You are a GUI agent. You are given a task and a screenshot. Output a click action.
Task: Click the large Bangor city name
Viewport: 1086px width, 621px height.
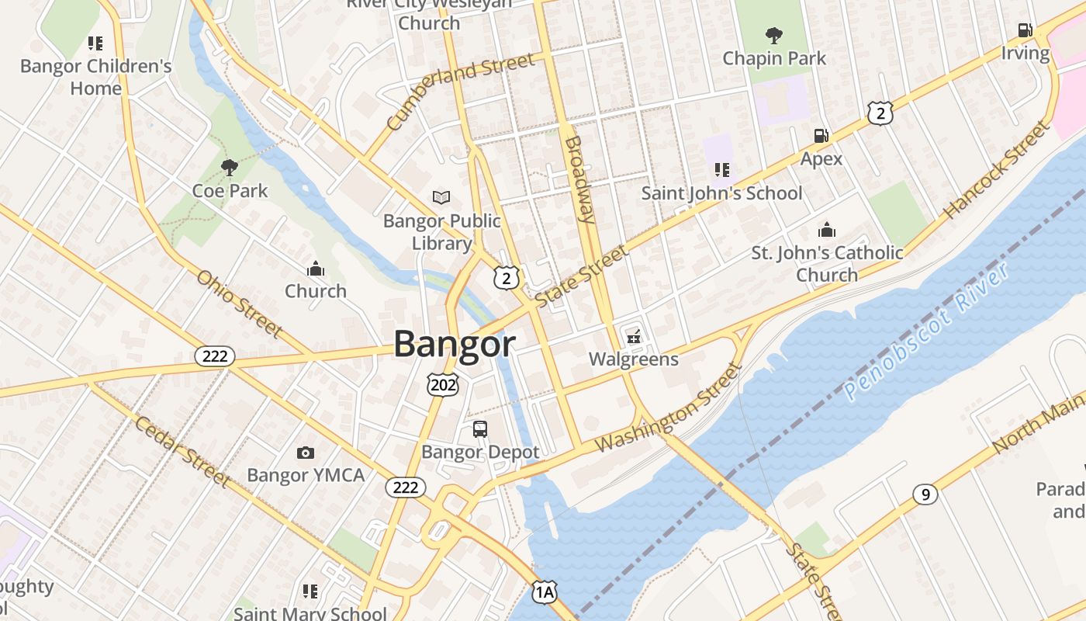455,345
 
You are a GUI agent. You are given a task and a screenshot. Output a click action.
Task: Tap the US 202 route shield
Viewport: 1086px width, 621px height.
443,384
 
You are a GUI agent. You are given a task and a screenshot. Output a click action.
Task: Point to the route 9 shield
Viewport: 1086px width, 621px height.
924,494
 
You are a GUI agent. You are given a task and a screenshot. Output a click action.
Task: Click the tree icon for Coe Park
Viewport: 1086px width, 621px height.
229,167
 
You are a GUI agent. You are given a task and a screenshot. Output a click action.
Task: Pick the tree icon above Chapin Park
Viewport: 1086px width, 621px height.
773,35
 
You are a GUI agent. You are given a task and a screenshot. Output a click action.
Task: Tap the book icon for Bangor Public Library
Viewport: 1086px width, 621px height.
441,198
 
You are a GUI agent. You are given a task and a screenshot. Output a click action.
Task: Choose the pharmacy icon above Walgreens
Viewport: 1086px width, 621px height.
633,336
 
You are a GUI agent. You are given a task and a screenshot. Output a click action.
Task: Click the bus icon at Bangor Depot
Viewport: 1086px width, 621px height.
480,428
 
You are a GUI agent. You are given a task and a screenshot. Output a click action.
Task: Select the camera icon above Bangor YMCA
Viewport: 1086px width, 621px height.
306,453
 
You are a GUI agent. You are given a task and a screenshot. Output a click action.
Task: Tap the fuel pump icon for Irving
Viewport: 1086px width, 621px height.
1025,30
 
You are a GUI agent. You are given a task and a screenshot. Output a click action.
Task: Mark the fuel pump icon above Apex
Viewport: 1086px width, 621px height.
821,136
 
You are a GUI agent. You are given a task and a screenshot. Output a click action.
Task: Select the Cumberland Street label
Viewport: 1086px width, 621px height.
460,90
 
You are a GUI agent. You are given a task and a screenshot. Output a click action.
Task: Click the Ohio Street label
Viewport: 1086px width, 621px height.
238,304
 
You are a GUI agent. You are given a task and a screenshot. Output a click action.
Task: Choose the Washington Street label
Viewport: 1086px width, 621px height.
669,408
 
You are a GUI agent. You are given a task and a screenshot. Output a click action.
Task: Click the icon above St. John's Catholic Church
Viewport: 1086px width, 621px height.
827,230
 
